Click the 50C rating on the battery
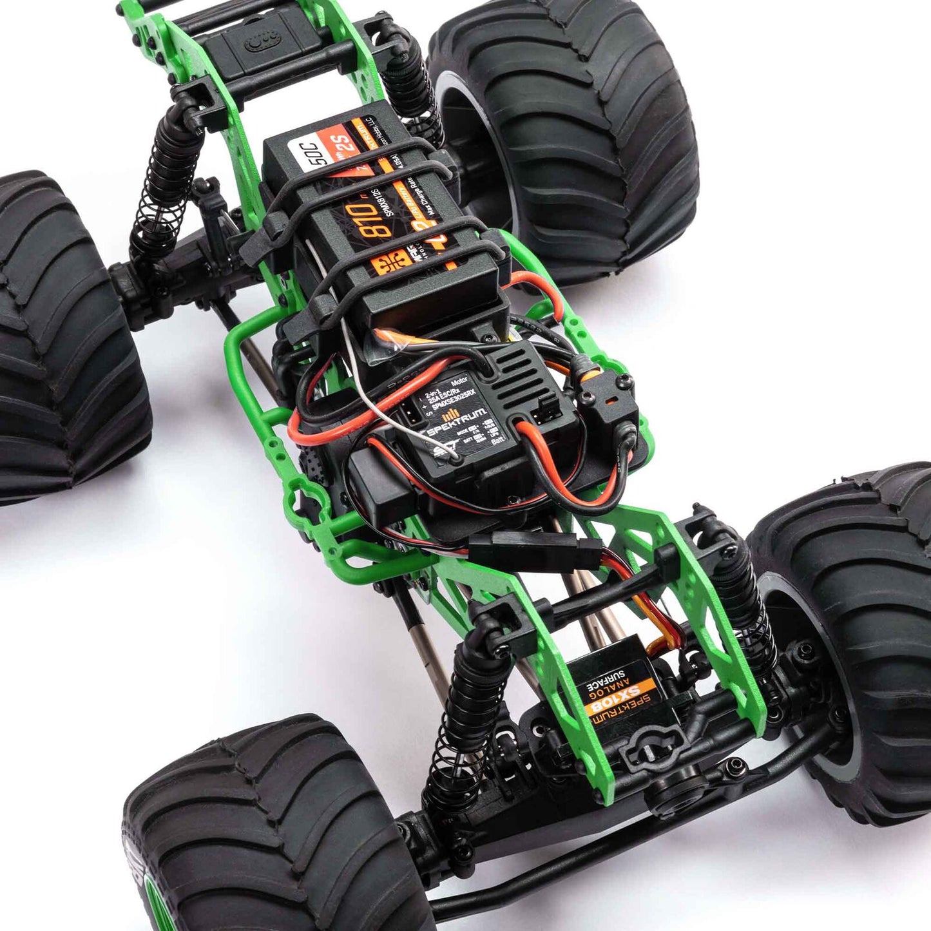pos(318,153)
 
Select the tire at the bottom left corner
pos(271,831)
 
